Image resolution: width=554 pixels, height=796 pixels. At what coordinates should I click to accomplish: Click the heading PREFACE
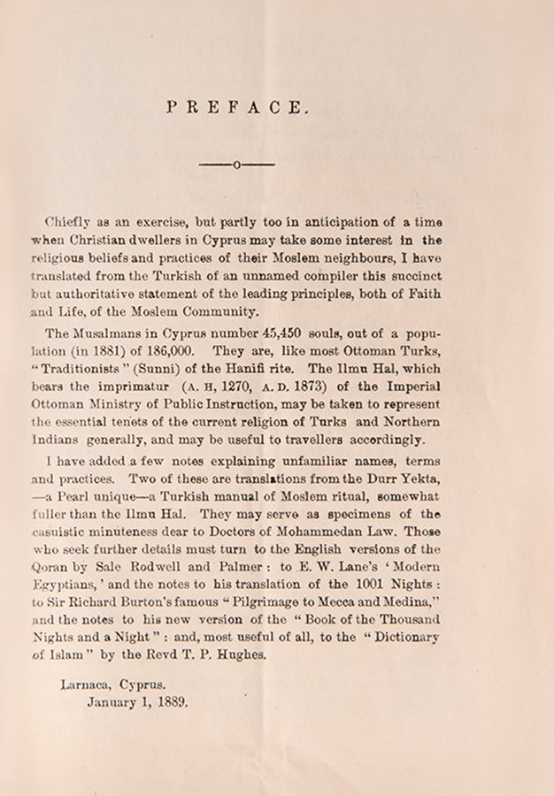click(x=237, y=108)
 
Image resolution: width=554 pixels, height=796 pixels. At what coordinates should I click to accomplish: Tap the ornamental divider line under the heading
click(x=236, y=165)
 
